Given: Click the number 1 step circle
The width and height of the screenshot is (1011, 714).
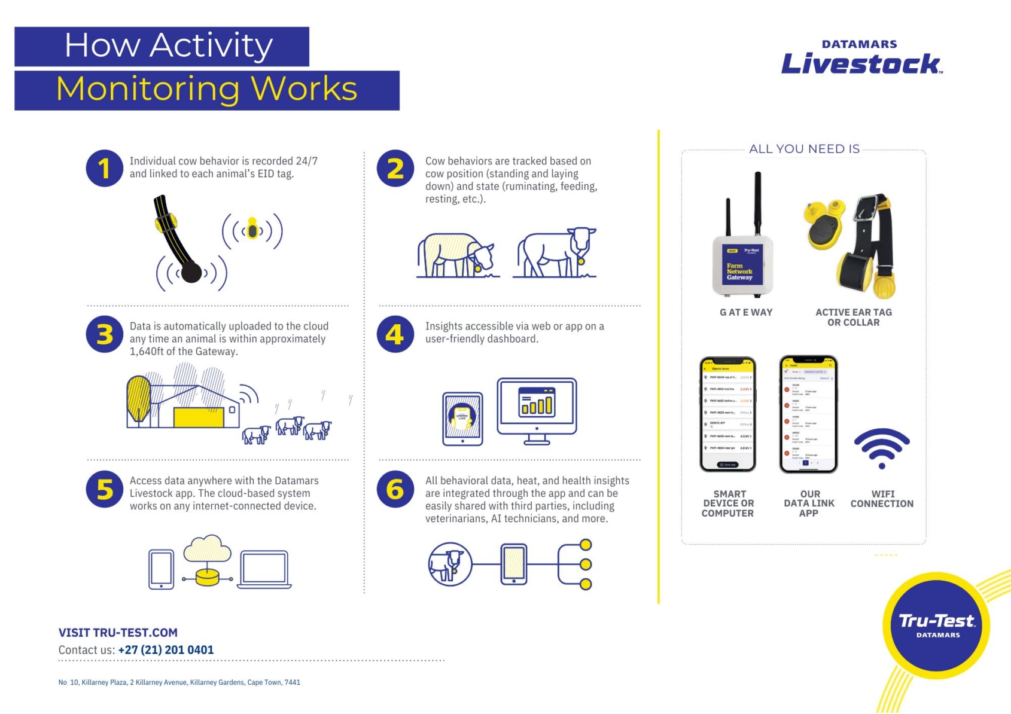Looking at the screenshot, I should tap(105, 168).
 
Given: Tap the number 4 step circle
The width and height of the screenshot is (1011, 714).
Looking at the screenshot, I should tap(395, 334).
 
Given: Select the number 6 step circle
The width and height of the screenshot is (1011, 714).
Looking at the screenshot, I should tap(395, 489).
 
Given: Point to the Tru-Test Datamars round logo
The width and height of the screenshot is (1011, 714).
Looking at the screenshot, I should tap(936, 625).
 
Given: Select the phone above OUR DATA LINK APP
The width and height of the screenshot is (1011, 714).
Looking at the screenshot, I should tap(808, 414).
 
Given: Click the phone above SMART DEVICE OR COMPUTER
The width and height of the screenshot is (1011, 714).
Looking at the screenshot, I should tap(727, 414).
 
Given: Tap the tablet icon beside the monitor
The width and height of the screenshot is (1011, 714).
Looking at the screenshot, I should tap(462, 419).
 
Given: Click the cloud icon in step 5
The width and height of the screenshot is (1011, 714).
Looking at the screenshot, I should tap(208, 548).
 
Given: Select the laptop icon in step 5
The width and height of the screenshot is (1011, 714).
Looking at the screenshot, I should tap(264, 569).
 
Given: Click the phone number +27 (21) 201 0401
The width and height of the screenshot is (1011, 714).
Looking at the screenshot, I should tap(166, 650).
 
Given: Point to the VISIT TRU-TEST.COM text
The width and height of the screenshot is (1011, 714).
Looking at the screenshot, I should tap(118, 633).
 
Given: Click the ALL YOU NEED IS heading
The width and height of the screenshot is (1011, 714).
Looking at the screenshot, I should tap(804, 149).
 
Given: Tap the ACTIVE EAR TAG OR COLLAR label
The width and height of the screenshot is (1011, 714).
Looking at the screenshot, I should tap(853, 317).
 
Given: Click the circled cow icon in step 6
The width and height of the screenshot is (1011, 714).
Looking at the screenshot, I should tap(450, 564).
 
